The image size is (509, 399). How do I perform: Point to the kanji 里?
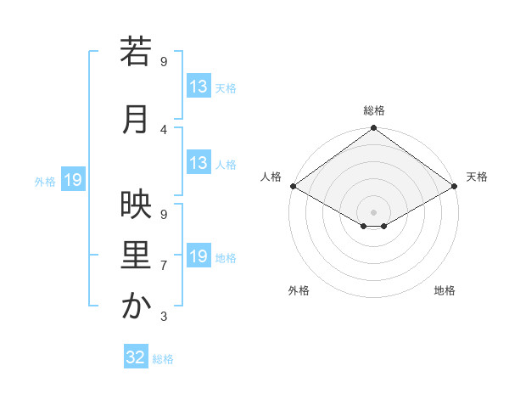click(136, 256)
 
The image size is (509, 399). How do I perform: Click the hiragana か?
click(136, 306)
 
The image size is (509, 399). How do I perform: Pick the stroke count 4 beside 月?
click(164, 129)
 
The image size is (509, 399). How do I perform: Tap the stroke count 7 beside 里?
click(164, 266)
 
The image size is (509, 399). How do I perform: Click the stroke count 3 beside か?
click(164, 317)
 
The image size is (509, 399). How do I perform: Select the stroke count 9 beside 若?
click(164, 62)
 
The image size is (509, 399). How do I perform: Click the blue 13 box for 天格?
click(199, 87)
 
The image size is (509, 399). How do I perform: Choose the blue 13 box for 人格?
click(199, 163)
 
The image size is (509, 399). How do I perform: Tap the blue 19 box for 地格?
click(199, 256)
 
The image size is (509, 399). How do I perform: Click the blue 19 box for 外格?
click(73, 180)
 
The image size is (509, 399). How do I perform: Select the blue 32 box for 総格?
click(136, 357)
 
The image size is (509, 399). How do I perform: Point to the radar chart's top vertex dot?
click(373, 129)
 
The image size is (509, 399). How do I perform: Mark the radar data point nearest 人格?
click(293, 186)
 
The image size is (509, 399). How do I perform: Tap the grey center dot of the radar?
click(373, 211)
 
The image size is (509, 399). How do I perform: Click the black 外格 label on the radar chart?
click(299, 291)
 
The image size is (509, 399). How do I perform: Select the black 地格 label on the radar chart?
click(445, 291)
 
